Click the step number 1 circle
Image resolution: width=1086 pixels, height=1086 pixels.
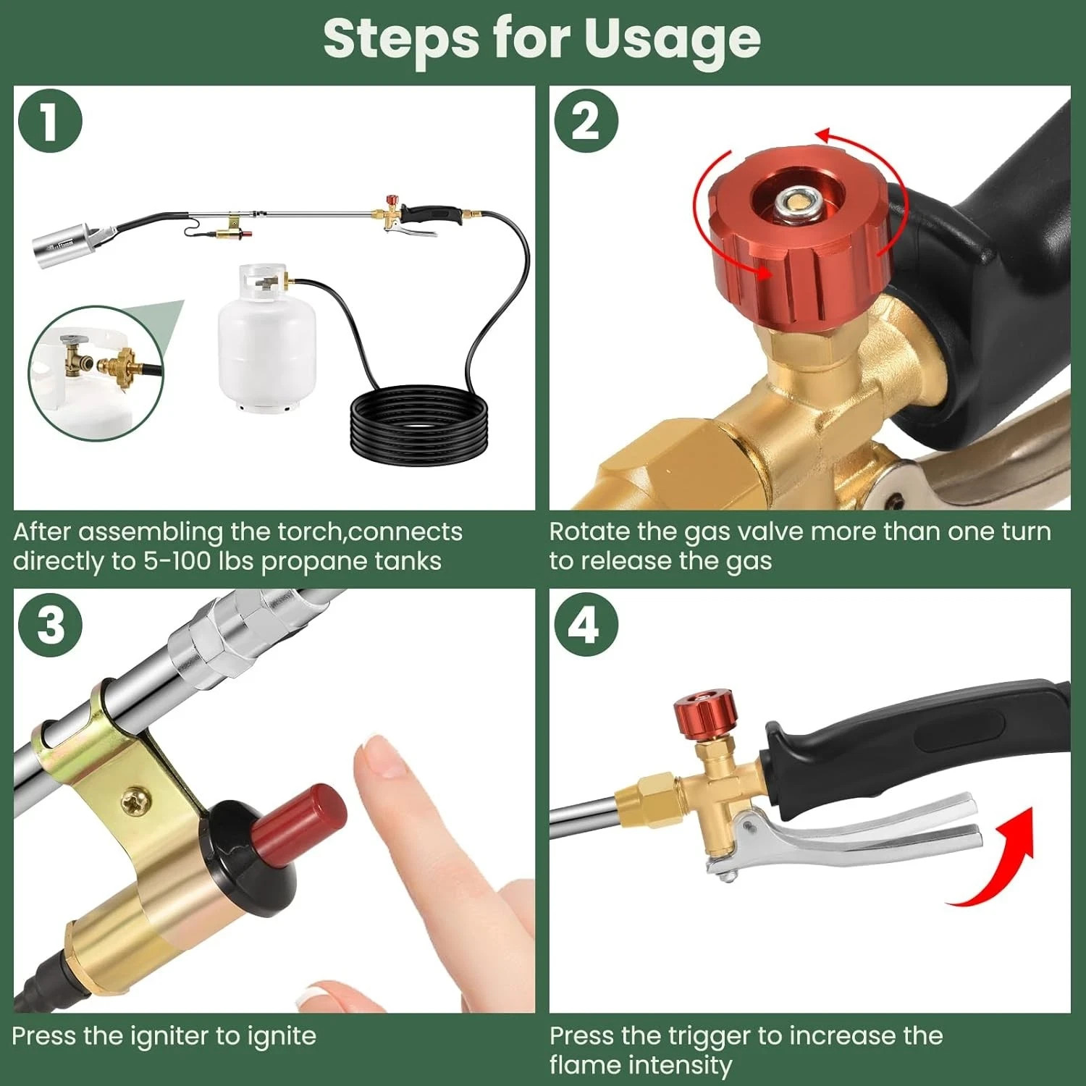[x=49, y=121]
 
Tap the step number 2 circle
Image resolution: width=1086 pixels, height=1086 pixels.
[x=586, y=121]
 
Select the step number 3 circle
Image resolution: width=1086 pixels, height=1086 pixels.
[x=49, y=624]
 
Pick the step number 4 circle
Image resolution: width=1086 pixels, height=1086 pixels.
[x=586, y=624]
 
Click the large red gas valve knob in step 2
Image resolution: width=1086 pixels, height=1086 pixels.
[x=796, y=239]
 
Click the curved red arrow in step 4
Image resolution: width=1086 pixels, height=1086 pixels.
[x=999, y=862]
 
